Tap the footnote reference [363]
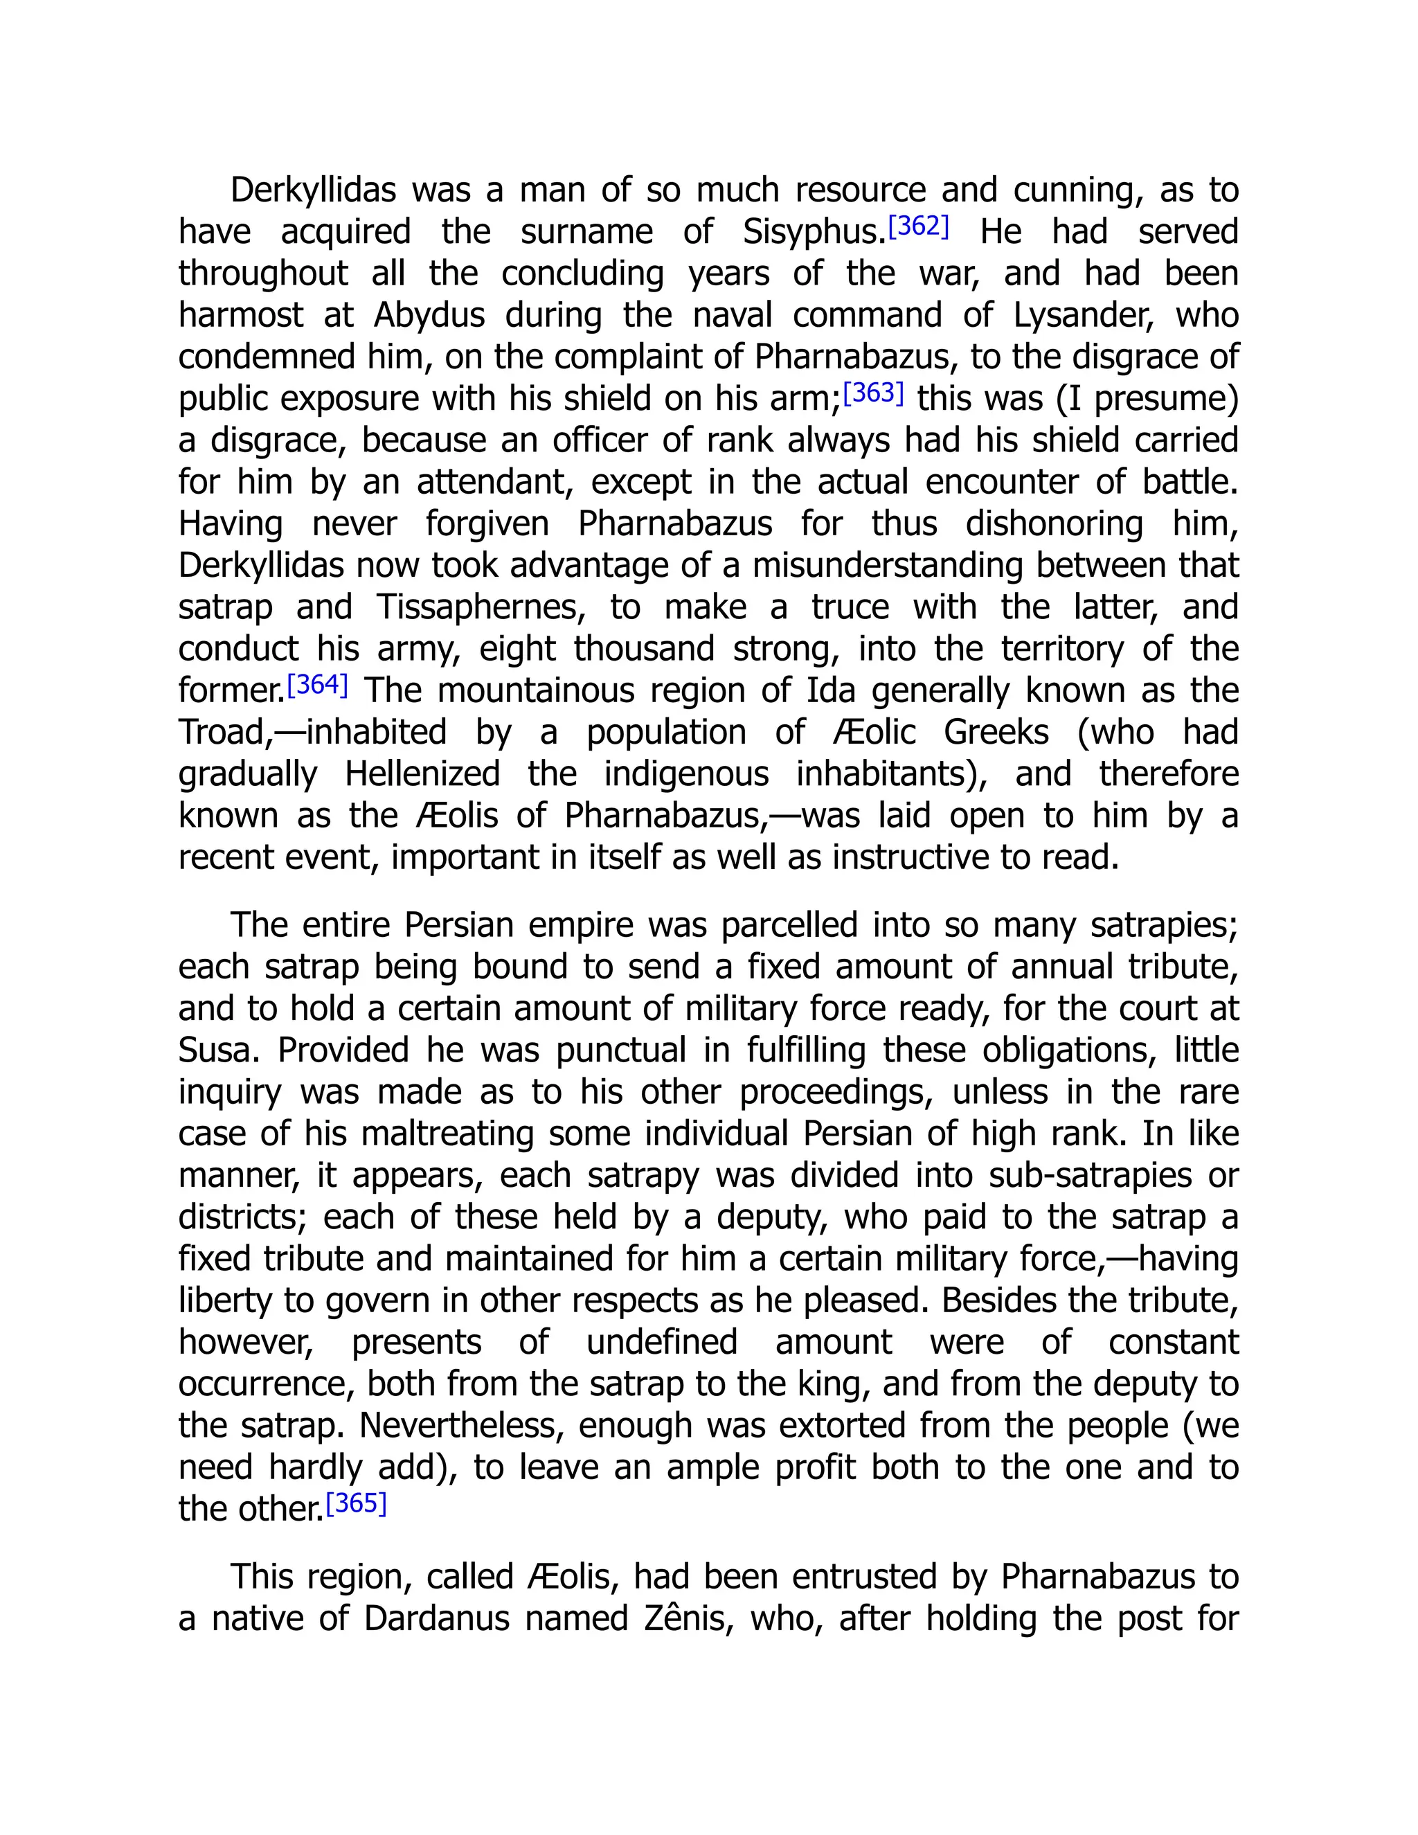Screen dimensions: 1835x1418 (x=873, y=393)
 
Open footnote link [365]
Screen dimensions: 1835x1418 (x=355, y=1503)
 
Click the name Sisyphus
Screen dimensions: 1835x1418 (x=813, y=233)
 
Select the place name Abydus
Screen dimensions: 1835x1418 (x=429, y=316)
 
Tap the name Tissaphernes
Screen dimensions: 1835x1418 (x=481, y=607)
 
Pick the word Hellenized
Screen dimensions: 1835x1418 (x=422, y=774)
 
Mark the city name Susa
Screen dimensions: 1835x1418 (x=217, y=1050)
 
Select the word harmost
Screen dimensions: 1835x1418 (x=240, y=316)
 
